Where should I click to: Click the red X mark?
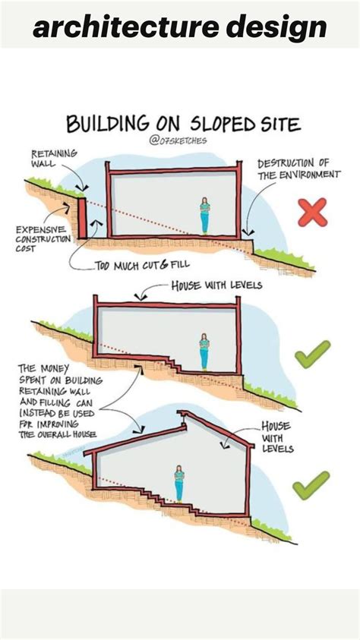(x=311, y=212)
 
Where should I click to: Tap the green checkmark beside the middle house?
(x=312, y=355)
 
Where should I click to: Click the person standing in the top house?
(x=204, y=216)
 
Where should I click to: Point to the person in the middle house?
(x=204, y=352)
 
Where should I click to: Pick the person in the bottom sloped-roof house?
(x=179, y=484)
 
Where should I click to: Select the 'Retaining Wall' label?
(x=53, y=158)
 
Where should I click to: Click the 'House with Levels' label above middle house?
(x=216, y=285)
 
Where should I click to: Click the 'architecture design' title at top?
(x=180, y=27)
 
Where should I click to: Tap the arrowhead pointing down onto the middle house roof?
(x=137, y=297)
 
